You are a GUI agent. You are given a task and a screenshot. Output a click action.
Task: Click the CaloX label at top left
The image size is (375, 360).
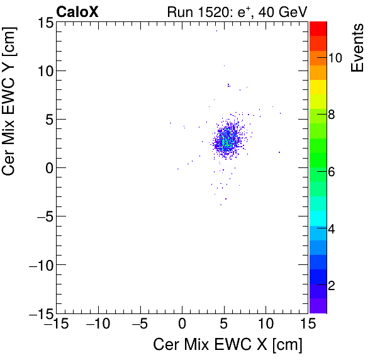77,12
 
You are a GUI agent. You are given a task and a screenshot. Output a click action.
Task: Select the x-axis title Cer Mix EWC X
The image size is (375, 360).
228,345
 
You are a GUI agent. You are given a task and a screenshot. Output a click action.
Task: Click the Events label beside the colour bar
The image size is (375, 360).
357,48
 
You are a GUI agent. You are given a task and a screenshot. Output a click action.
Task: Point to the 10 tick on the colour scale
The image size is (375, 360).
335,58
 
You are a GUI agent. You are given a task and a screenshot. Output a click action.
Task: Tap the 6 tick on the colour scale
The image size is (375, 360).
335,172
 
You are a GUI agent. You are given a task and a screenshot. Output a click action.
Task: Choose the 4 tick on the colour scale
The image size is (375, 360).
335,228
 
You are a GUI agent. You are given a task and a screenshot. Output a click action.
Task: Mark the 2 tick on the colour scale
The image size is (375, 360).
335,285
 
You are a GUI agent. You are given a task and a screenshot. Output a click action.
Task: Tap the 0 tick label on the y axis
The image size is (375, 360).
47,168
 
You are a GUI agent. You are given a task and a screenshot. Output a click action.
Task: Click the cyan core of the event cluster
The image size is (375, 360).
225,142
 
